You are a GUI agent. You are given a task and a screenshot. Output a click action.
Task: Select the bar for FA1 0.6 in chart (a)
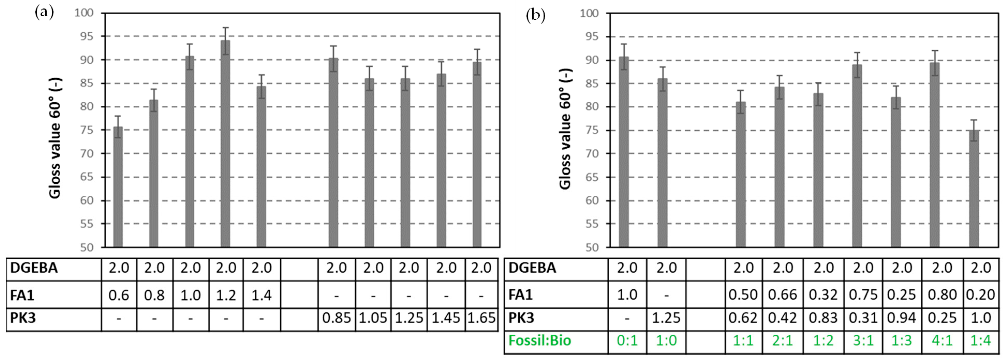click(x=118, y=187)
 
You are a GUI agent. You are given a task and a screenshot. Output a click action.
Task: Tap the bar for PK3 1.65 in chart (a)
click(x=477, y=156)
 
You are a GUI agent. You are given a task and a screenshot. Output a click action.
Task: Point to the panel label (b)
click(x=535, y=16)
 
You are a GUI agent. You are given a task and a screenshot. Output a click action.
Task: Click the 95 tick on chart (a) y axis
click(x=84, y=36)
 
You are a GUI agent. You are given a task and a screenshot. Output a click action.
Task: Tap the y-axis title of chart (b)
click(x=565, y=129)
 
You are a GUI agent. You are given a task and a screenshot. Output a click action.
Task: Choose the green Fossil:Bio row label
click(x=540, y=341)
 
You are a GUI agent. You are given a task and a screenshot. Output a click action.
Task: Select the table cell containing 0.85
click(x=336, y=318)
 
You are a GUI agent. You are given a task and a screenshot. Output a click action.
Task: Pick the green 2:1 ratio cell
click(x=783, y=341)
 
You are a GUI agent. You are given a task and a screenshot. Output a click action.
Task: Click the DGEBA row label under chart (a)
click(x=34, y=268)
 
